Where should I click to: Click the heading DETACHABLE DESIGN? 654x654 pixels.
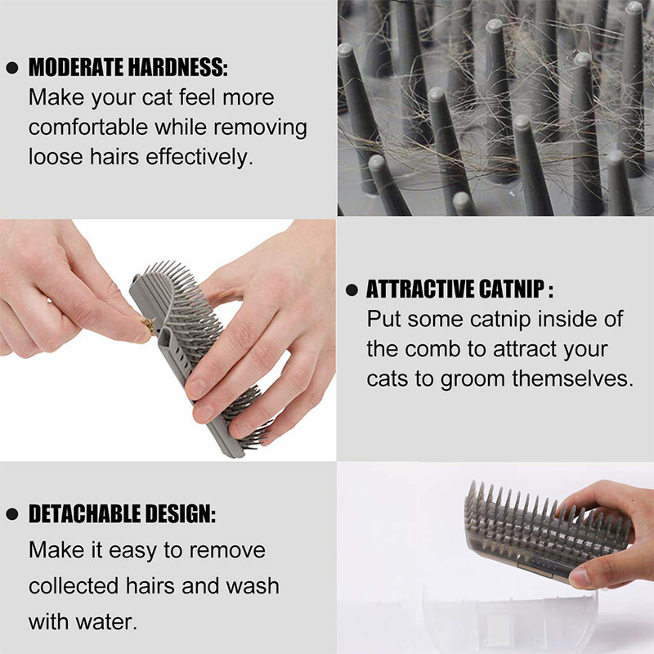(x=122, y=514)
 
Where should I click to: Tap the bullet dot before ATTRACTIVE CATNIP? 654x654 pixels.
(x=352, y=289)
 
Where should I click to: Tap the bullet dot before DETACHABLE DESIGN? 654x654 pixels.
(x=11, y=515)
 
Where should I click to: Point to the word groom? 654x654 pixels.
(x=473, y=379)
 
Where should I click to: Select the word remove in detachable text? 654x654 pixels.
(x=228, y=549)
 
